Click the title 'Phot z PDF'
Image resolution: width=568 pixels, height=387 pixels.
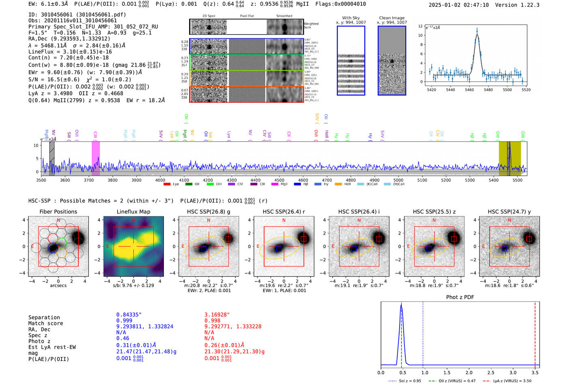coord(460,297)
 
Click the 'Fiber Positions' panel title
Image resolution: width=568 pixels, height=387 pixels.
coord(58,212)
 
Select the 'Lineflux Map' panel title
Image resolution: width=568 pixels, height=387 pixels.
coord(133,212)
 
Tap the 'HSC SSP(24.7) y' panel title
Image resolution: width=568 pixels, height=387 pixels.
coord(509,212)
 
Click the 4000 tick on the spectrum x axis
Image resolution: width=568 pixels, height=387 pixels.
coord(160,180)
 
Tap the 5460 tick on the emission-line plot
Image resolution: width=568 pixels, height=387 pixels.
coord(469,90)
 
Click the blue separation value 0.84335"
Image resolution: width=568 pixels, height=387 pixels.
coord(129,315)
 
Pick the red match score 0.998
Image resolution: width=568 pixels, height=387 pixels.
coord(212,321)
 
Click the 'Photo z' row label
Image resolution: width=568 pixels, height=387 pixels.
coord(39,341)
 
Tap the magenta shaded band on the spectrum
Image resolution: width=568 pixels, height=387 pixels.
coord(95,158)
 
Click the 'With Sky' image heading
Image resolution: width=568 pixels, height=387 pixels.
coord(351,18)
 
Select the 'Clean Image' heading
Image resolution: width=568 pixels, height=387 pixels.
coord(392,18)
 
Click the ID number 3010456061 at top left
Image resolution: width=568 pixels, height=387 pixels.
coord(56,15)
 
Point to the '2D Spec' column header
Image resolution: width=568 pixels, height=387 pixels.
coord(209,16)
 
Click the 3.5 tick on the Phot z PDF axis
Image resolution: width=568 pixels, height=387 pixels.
coord(535,372)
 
